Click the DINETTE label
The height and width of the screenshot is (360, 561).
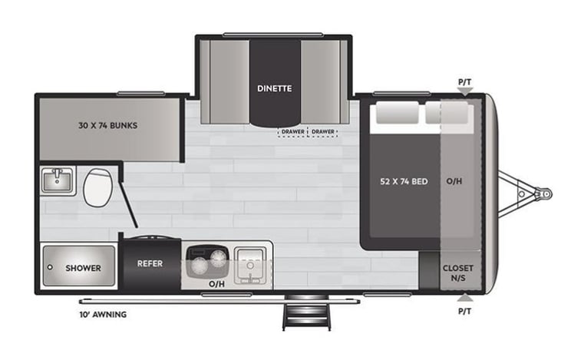274,88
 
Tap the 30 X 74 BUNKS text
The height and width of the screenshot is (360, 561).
107,124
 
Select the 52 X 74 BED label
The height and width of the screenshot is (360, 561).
404,182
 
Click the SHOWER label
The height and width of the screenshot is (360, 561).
83,268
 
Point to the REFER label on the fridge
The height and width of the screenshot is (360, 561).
150,263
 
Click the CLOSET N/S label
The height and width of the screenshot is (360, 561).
458,272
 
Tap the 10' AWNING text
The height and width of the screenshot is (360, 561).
102,314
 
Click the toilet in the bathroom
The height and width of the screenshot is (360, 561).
97,188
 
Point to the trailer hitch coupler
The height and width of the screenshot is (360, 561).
542,193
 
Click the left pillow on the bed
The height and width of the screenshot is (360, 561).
396,114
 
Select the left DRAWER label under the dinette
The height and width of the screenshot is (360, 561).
292,132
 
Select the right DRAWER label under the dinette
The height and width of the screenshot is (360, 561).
323,132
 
